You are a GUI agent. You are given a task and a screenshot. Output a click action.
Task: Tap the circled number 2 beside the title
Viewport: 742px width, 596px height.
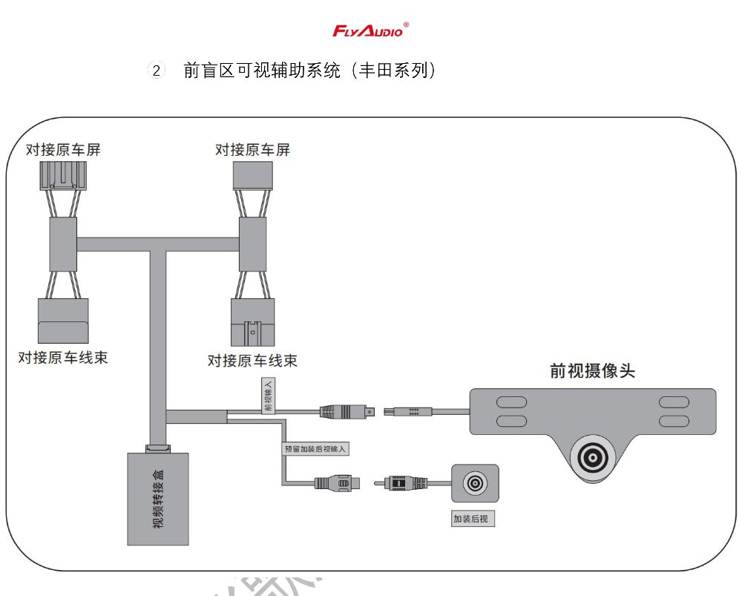[x=156, y=71]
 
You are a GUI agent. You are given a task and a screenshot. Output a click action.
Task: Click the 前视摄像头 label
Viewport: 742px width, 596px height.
[x=592, y=370]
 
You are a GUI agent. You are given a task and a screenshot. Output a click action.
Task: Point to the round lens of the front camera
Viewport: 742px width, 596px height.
[x=594, y=457]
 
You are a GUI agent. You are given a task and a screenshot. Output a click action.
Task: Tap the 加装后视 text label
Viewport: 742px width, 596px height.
[x=473, y=519]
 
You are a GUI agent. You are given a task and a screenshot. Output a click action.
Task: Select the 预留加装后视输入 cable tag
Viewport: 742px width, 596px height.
[x=316, y=449]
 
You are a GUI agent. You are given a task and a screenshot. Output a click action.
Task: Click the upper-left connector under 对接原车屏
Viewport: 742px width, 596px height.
[x=63, y=175]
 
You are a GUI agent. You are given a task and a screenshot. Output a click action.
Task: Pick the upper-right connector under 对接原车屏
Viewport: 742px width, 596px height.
[x=252, y=175]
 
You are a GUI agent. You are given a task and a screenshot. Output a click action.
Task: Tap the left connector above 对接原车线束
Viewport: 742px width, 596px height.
[x=63, y=320]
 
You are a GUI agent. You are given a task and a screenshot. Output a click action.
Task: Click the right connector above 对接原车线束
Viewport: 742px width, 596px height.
[x=252, y=321]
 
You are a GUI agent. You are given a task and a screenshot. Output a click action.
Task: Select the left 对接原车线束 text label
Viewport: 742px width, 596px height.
[x=63, y=357]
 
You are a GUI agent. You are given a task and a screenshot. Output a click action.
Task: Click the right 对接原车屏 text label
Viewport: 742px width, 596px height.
[x=252, y=150]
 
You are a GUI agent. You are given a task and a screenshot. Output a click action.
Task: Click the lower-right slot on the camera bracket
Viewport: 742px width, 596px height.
[x=674, y=421]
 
